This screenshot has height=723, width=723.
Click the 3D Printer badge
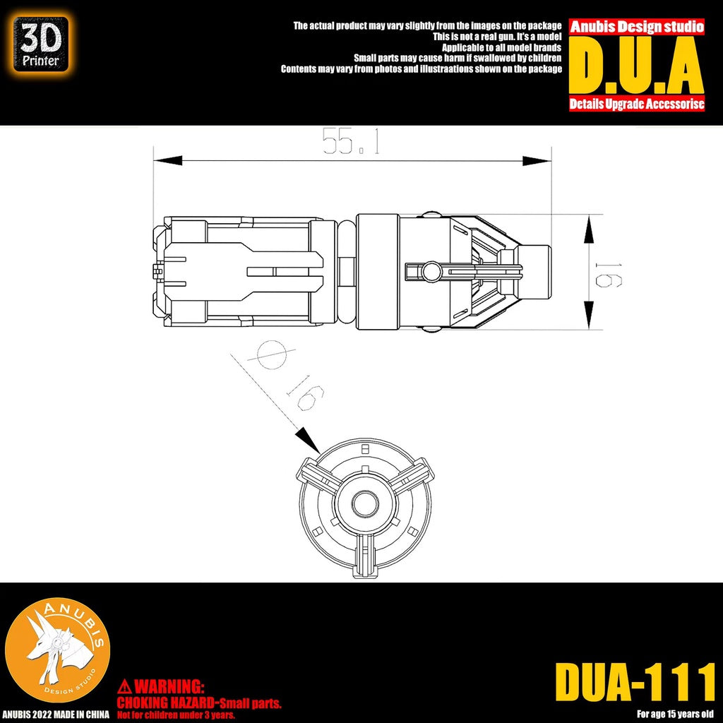pyautogui.click(x=42, y=44)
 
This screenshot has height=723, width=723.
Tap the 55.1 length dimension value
pyautogui.click(x=351, y=143)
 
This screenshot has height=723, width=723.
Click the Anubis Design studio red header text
pyautogui.click(x=637, y=27)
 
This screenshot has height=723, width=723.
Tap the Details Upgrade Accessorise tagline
pyautogui.click(x=637, y=104)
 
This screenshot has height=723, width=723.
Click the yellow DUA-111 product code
pyautogui.click(x=635, y=681)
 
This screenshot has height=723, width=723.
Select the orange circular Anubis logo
pyautogui.click(x=58, y=649)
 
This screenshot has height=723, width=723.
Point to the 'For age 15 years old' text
pyautogui.click(x=675, y=712)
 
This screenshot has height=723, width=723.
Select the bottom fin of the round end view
pyautogui.click(x=364, y=554)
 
